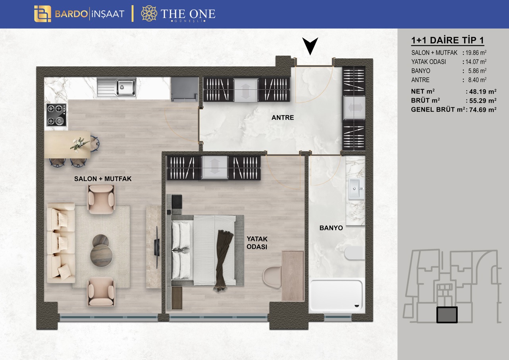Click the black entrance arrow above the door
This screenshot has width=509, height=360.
[310, 45]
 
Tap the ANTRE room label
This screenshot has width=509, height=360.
[283, 118]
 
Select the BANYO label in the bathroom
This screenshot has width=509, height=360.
[331, 228]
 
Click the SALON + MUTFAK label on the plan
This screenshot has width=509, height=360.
[103, 179]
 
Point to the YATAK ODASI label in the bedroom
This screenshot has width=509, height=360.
[257, 243]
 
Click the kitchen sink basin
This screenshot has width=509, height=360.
[126, 87]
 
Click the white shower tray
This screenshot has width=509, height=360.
[336, 295]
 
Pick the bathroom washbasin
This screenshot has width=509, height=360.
[356, 189]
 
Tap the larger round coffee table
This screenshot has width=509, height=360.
[101, 255]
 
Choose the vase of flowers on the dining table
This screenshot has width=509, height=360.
[79, 144]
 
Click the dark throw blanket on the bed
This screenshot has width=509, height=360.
[223, 259]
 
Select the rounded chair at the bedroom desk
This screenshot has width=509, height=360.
[272, 277]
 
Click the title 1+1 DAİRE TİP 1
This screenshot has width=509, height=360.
[447, 40]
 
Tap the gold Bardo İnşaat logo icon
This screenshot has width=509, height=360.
[42, 14]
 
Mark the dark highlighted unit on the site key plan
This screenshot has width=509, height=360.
[447, 315]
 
